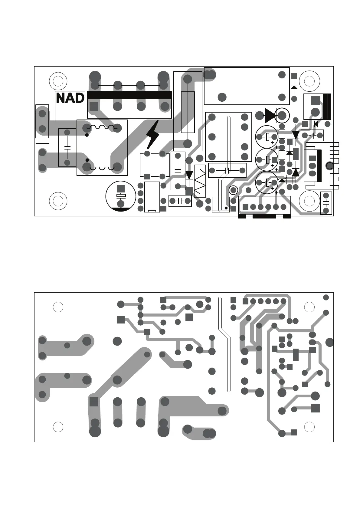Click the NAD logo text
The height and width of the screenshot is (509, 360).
point(70,98)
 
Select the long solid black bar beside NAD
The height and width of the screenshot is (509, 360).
point(129,95)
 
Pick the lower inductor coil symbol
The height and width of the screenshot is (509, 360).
point(102,167)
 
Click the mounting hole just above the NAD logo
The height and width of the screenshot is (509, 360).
point(58,81)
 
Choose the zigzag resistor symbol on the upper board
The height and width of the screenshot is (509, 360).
point(200,182)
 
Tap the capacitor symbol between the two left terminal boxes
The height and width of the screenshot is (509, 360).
point(67,148)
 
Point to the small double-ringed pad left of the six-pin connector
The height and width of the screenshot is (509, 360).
point(233,190)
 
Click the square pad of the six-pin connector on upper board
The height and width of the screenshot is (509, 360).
point(245,207)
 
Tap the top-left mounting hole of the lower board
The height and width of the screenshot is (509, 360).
point(58,307)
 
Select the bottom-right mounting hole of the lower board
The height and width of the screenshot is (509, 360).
point(309,427)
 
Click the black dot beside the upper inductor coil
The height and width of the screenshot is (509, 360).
point(87,135)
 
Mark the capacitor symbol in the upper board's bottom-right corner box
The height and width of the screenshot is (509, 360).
point(326,203)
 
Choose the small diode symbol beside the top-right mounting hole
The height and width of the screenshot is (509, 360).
point(294,87)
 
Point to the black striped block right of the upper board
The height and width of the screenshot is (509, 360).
point(327,107)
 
